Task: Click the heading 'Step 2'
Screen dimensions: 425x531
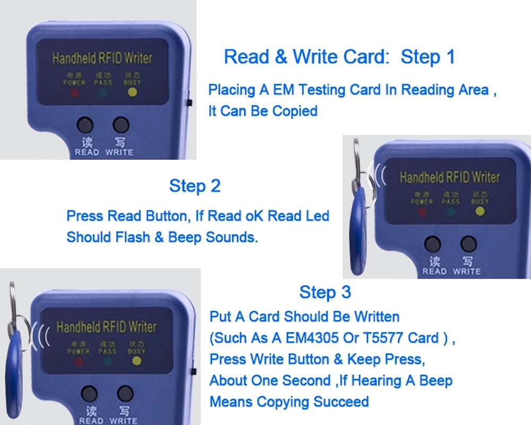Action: pos(194,186)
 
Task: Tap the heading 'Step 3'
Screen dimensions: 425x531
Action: pos(325,292)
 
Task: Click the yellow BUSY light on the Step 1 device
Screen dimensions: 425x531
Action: pos(132,92)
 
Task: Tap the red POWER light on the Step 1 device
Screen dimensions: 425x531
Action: pos(74,93)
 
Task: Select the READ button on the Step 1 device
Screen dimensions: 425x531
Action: pos(85,125)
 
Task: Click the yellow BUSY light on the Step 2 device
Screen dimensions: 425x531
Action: pos(479,211)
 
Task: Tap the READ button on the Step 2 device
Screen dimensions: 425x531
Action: pos(433,244)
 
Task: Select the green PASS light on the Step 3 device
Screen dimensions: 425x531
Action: pos(107,361)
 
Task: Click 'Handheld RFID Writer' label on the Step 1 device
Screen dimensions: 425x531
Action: pos(102,58)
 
